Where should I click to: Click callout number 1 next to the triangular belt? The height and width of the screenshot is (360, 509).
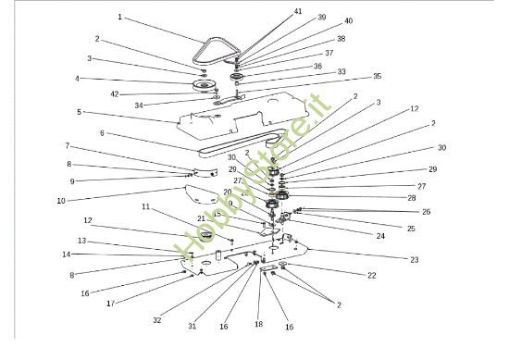(119, 17)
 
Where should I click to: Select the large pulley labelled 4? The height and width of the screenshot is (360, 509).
(204, 86)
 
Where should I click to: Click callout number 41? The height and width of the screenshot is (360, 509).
(298, 11)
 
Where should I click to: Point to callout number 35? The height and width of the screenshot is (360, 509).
(377, 76)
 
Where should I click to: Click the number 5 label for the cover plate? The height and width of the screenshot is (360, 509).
(79, 112)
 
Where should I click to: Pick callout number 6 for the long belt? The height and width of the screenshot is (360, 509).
(102, 133)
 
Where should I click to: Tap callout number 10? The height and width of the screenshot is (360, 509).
(61, 201)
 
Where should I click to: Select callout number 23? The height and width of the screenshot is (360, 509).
(415, 260)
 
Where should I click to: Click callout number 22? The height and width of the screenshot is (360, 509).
(372, 275)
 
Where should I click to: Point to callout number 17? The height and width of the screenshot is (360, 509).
(111, 304)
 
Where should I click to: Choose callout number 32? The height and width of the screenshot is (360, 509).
(156, 320)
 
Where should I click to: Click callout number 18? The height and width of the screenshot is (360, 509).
(259, 324)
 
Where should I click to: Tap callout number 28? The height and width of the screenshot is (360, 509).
(412, 198)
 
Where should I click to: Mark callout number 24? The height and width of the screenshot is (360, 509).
(380, 236)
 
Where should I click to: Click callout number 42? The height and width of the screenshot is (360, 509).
(115, 94)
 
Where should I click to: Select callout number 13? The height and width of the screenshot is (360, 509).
(82, 241)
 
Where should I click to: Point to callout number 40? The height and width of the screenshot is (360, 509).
(348, 20)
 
